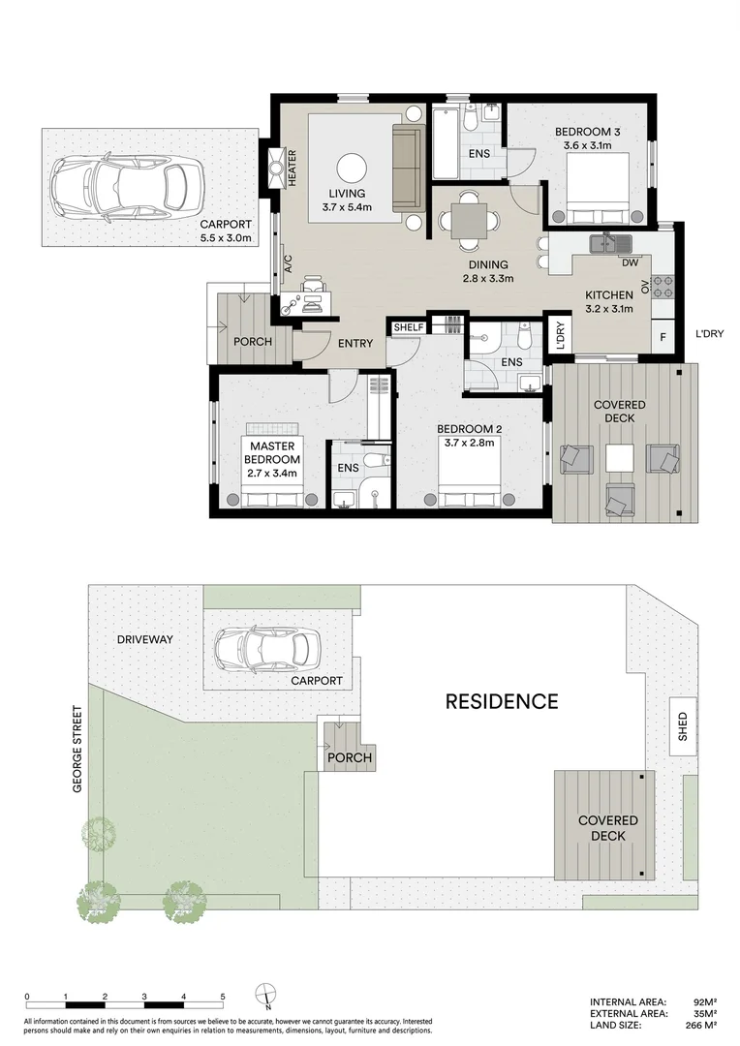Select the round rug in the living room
(x=352, y=166)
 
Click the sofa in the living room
(x=408, y=167)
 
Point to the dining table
(x=470, y=218)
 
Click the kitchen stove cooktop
(x=663, y=286)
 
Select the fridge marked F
(x=663, y=337)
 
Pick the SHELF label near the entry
(x=408, y=327)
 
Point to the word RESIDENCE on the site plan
(x=501, y=701)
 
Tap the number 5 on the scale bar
(x=223, y=996)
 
